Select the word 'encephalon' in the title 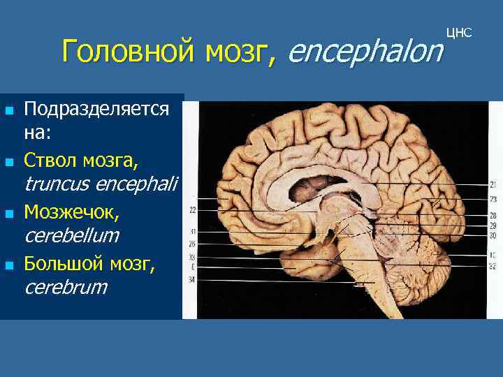pyautogui.click(x=365, y=50)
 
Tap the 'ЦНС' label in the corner pyautogui.click(x=458, y=33)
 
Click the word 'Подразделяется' pyautogui.click(x=96, y=109)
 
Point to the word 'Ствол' pyautogui.click(x=50, y=161)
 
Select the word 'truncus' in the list pyautogui.click(x=58, y=184)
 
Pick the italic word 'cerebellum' pyautogui.click(x=71, y=235)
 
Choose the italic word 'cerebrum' pyautogui.click(x=66, y=287)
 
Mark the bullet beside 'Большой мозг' pyautogui.click(x=9, y=265)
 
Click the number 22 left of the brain pyautogui.click(x=192, y=209)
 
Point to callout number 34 pyautogui.click(x=192, y=279)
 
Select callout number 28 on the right pyautogui.click(x=493, y=216)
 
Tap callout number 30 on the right pyautogui.click(x=493, y=235)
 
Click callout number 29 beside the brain pyautogui.click(x=493, y=226)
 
